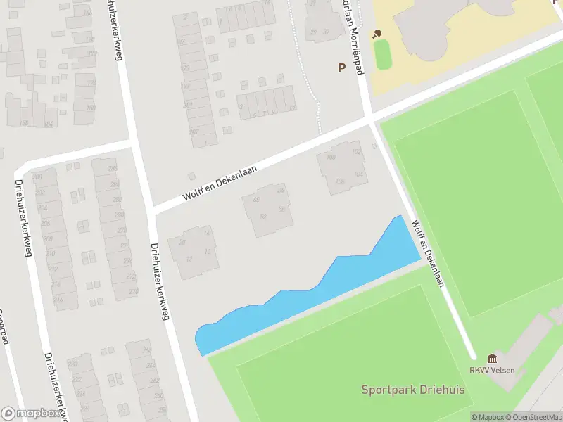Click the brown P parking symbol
coord(342,68)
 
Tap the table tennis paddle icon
coord(377,33)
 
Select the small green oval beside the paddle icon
coord(382,54)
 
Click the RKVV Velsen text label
coord(493,371)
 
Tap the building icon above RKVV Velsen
coord(491,359)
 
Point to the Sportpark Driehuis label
coord(413,390)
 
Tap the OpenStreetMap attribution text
coord(533,417)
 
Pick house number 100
coord(331,157)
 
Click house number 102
coord(356,151)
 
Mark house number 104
coord(358,174)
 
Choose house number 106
coord(341,181)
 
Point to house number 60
coord(256,200)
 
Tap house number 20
coord(182,243)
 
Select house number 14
coord(207,233)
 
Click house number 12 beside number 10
coord(189,259)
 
